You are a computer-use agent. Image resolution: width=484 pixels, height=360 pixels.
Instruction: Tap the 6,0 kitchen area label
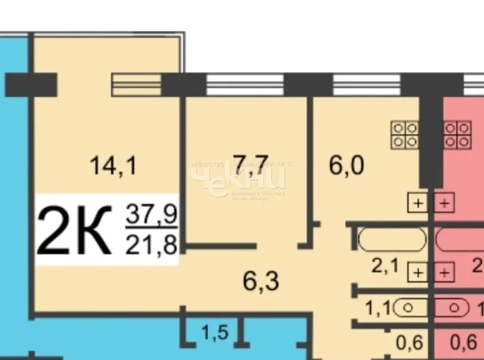[x=346, y=166]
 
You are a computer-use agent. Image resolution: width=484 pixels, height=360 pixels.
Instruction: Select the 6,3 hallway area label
[x=261, y=281]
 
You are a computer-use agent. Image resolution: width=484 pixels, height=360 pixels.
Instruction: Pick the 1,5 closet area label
[x=214, y=333]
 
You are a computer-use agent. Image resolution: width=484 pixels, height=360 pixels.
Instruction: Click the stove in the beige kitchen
[x=404, y=135]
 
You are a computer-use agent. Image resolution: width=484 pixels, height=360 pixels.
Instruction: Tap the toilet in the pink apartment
[x=451, y=307]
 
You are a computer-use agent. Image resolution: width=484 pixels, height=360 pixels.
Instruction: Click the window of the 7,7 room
[x=244, y=84]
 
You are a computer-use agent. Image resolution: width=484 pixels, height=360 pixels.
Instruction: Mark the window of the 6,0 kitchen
[x=366, y=84]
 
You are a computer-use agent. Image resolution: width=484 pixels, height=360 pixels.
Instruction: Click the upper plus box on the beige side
[x=418, y=202]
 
